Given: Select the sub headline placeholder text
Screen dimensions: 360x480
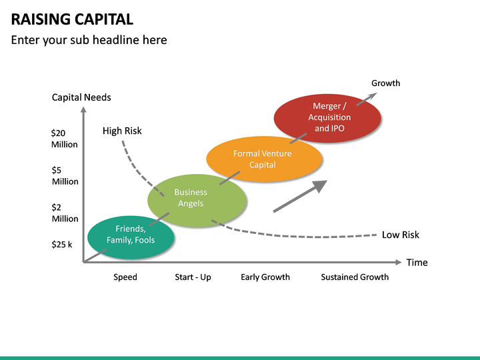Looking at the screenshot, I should (x=89, y=40).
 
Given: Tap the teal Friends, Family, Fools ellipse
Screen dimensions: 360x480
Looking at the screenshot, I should (x=131, y=235).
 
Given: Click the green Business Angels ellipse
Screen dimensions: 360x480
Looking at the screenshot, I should (x=197, y=198).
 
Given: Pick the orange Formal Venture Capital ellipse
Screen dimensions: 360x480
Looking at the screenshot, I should (x=264, y=159).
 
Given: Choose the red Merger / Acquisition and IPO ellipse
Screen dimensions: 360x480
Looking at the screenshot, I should (x=328, y=117).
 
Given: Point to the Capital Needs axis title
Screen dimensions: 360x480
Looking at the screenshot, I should (x=81, y=97).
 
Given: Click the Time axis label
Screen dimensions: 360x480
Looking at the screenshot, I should (x=417, y=262).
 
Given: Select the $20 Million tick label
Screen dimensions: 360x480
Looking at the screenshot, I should (x=64, y=139).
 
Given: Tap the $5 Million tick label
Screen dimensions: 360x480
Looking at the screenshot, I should (x=65, y=176).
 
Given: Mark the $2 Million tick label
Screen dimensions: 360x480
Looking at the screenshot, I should (x=65, y=213).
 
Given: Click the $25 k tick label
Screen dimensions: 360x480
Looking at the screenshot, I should (x=63, y=245).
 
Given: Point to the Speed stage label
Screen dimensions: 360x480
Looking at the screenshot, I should (x=125, y=277).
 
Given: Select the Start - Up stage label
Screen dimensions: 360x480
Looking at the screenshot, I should (x=193, y=277).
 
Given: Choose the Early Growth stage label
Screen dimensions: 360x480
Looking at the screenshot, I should (x=265, y=277).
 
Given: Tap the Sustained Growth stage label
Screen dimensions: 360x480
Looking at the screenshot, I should (x=355, y=277).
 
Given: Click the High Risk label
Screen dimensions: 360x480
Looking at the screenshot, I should (x=122, y=131).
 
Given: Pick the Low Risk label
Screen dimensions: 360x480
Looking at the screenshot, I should (x=400, y=235).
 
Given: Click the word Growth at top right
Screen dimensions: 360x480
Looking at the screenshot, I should (x=385, y=83).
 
